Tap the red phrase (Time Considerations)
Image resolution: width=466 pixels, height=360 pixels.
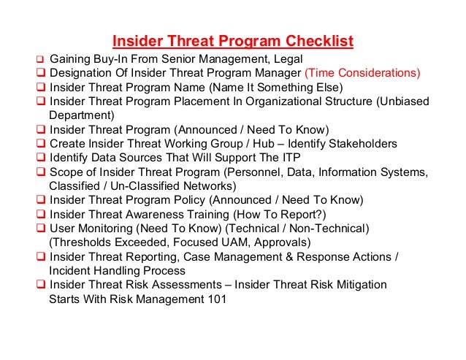362,74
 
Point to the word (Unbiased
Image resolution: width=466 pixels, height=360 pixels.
399,102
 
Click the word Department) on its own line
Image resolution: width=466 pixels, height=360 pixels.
80,115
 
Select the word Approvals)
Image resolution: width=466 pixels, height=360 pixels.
285,242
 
